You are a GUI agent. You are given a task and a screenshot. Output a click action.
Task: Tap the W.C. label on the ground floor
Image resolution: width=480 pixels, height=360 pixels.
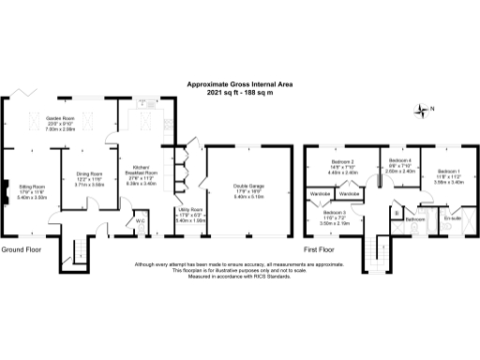click(139, 221)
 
